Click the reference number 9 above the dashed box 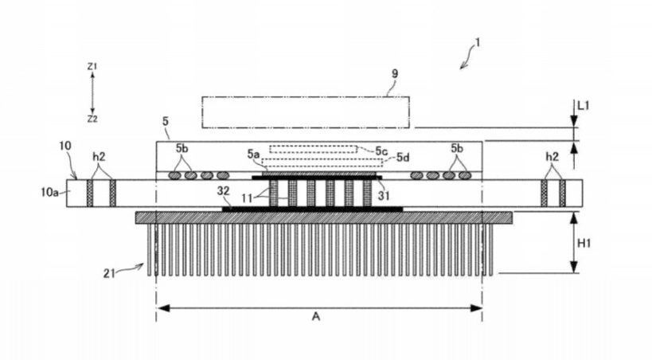coord(395,73)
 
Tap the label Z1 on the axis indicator coord(92,66)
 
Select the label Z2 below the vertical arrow coord(92,119)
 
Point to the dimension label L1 coord(584,106)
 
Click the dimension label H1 coord(584,243)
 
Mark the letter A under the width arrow coord(316,317)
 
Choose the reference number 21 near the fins coord(109,273)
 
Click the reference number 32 coord(223,190)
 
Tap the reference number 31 coord(384,195)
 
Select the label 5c coord(381,151)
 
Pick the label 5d coord(403,158)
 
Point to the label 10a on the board coord(49,192)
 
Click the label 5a coord(253,155)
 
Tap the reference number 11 coord(247,198)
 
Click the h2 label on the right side coord(552,156)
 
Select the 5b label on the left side coord(182,149)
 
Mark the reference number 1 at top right coord(478,43)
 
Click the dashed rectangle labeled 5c coord(313,149)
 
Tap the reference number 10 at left coord(65,146)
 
